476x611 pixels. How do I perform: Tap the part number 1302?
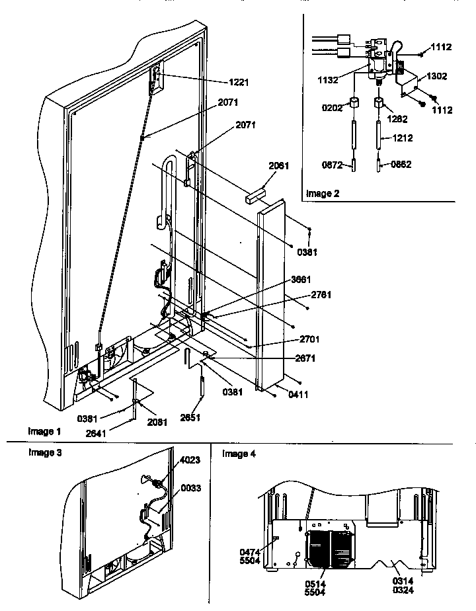[436, 76]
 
